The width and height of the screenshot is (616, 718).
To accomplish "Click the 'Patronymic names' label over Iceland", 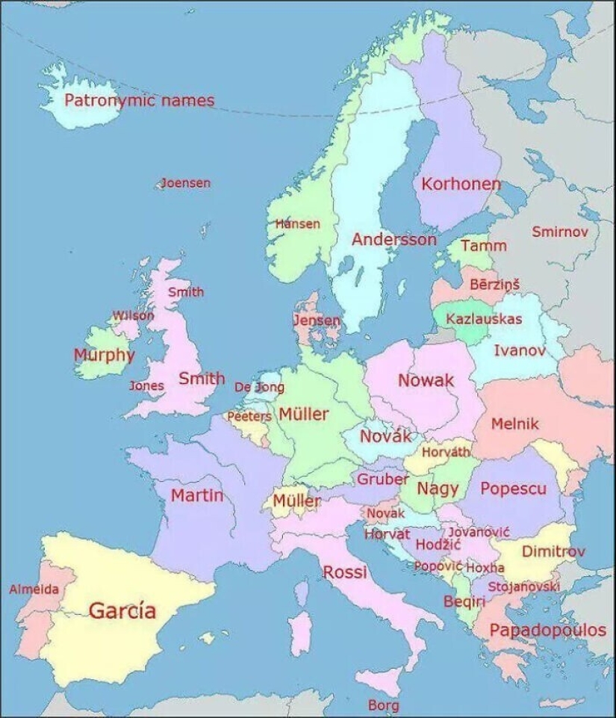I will (139, 101).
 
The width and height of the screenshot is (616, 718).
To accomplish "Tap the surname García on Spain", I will (123, 610).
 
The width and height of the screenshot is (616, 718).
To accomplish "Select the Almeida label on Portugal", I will (34, 589).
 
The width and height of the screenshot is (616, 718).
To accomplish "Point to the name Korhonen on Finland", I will (461, 184).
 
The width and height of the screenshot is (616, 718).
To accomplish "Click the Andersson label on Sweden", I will (393, 240).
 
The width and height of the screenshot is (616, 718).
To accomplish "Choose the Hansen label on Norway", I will (298, 223).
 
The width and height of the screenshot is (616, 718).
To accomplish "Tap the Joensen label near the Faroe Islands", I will (186, 183).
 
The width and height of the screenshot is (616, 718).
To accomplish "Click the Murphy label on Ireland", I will (104, 355).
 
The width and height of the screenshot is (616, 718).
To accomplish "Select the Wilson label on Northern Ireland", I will (133, 315).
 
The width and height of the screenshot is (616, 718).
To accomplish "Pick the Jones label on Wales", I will (146, 386).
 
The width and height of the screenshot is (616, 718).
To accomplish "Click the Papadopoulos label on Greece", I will (547, 631).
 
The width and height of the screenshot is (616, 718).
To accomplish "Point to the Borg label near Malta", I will (383, 705).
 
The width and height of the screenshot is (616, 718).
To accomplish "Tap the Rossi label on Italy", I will (345, 572).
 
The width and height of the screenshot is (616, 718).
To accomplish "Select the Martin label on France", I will (197, 495).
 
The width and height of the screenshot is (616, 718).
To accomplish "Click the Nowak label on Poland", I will (426, 380).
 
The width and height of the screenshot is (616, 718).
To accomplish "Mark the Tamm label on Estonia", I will (483, 246).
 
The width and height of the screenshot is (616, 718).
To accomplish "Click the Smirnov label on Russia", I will (560, 232).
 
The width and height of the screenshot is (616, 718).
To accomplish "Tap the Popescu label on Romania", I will (513, 489).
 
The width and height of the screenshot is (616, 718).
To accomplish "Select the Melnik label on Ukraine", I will (514, 424).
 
